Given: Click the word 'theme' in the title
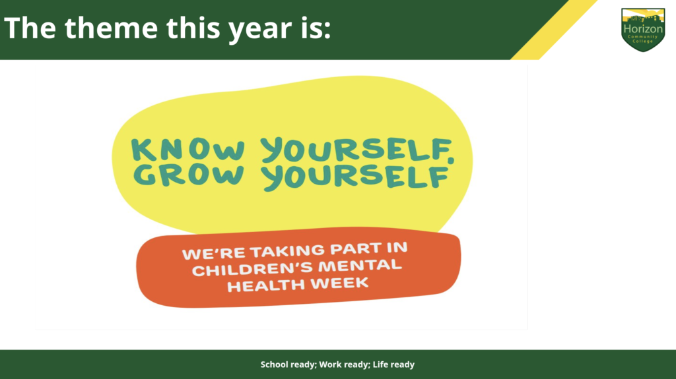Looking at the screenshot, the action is [x=111, y=28].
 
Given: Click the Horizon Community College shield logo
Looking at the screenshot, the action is [x=643, y=29].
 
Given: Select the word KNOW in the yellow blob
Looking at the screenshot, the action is [x=188, y=150].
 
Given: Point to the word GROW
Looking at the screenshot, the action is [x=189, y=175].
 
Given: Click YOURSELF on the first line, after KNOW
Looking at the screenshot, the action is [x=358, y=150].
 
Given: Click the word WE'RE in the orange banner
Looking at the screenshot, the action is [x=214, y=253].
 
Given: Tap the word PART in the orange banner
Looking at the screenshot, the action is [x=356, y=249].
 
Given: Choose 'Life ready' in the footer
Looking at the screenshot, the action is [x=393, y=364].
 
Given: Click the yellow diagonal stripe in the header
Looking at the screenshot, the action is [x=554, y=30].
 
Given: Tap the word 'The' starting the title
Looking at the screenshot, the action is [x=30, y=28].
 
